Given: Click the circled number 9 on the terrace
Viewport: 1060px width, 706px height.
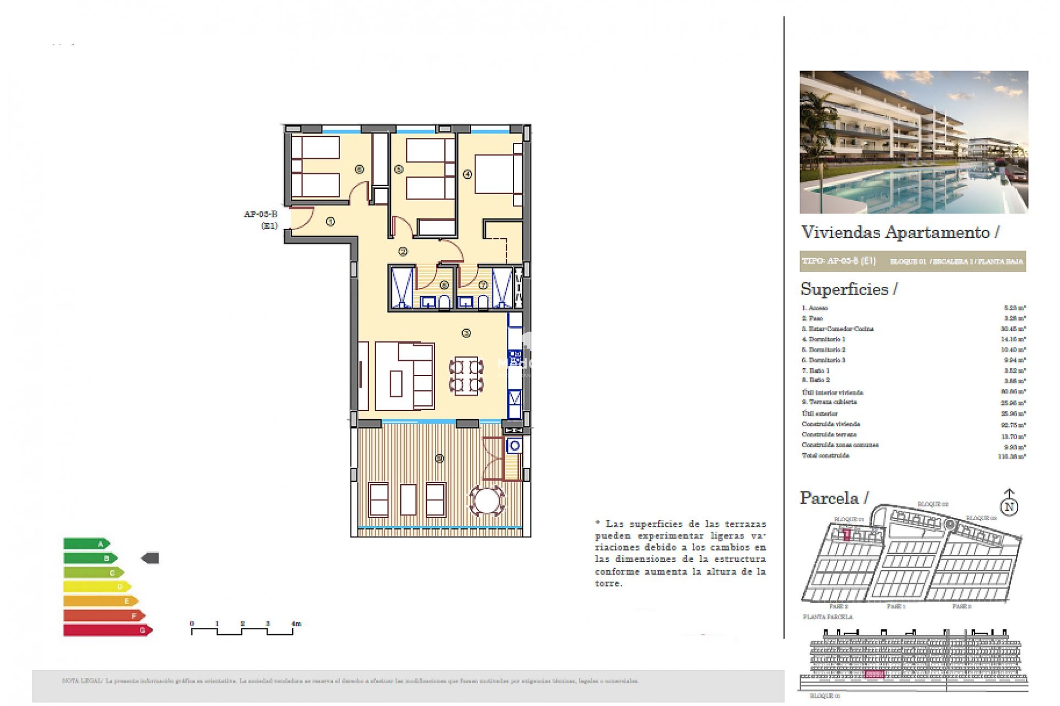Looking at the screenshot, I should [x=439, y=458].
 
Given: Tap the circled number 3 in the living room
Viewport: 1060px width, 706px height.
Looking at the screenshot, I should [x=466, y=333].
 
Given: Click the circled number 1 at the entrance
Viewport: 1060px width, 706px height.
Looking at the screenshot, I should [x=330, y=222].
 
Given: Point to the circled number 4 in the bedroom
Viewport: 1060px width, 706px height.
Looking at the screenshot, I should [x=467, y=174].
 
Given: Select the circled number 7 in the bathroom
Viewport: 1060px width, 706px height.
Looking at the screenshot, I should [x=483, y=285].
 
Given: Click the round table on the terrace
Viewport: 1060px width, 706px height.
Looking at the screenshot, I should [x=486, y=500].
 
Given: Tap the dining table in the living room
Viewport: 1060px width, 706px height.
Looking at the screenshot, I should [x=466, y=376].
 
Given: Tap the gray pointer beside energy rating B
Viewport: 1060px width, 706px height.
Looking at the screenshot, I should [x=150, y=558].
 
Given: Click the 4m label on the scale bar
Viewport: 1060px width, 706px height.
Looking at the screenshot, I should [x=296, y=624].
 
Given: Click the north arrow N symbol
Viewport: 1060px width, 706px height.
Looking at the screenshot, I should [x=1009, y=506].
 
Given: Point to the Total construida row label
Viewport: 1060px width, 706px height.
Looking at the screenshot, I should [x=825, y=456].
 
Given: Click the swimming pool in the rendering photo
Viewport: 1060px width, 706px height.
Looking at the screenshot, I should [x=905, y=190].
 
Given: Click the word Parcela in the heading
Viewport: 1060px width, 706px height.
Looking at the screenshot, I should [x=829, y=498].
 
